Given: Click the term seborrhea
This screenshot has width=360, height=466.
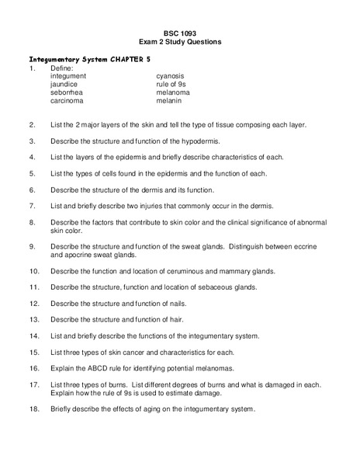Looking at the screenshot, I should pos(67,92).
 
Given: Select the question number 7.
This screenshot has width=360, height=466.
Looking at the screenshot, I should pos(32,206).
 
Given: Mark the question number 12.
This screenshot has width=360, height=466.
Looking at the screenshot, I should pos(33,303).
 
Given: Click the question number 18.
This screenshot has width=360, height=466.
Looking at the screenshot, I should pos(33,409).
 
